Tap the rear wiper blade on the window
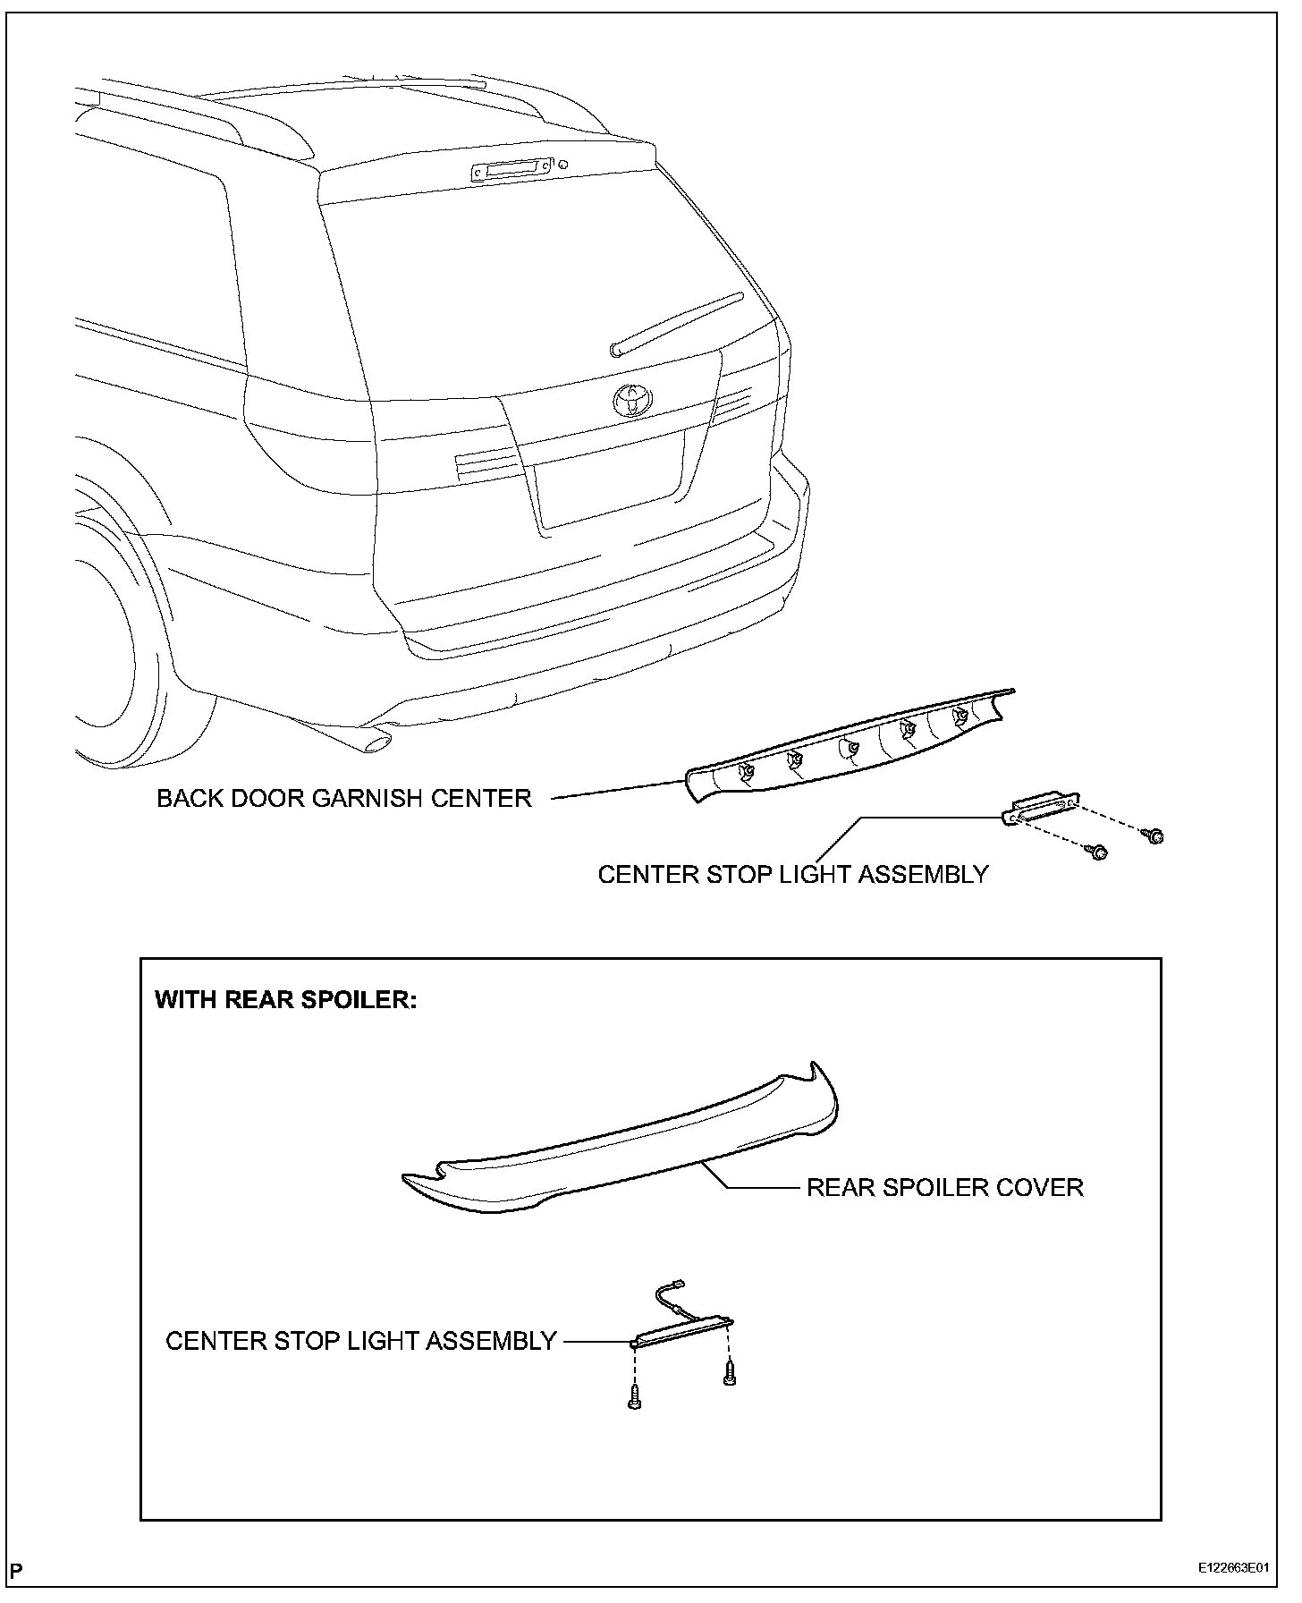click(676, 324)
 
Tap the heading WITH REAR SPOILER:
click(286, 999)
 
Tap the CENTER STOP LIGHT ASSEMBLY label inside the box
click(361, 1341)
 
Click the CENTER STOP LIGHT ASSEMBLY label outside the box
click(793, 874)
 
